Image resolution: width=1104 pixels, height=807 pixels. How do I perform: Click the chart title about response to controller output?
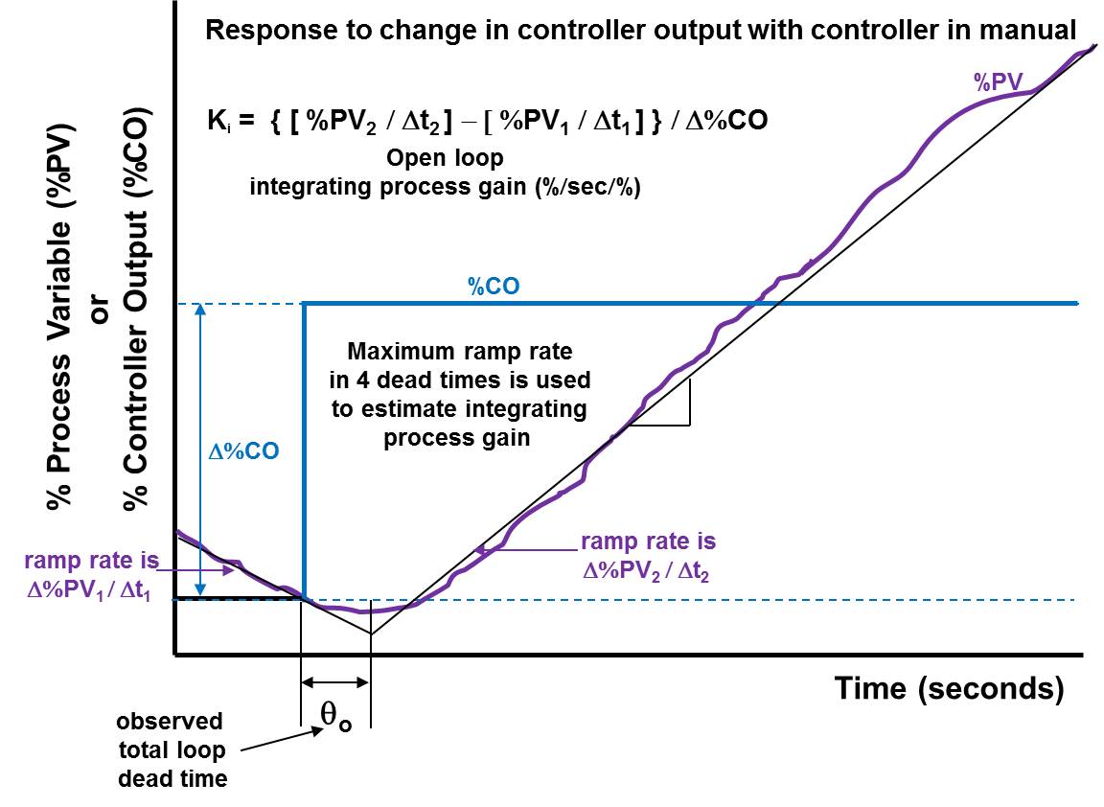tap(641, 30)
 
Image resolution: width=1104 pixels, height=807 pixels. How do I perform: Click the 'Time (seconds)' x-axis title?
tap(948, 688)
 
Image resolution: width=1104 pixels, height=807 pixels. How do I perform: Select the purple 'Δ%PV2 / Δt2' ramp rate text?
tap(648, 569)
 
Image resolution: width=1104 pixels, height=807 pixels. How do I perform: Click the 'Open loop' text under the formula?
tap(445, 157)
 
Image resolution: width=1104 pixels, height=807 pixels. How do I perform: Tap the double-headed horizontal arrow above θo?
tap(334, 682)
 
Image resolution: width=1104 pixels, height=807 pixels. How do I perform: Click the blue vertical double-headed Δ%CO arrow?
tap(199, 450)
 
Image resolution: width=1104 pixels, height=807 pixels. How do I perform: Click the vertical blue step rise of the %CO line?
tap(304, 450)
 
